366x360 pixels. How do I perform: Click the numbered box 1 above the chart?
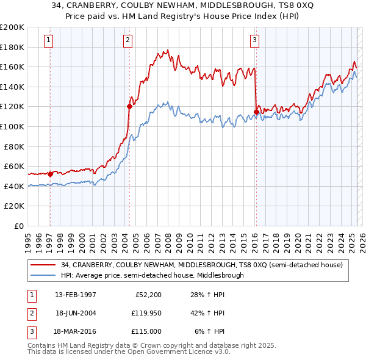(x=48, y=41)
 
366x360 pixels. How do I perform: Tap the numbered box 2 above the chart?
(x=128, y=41)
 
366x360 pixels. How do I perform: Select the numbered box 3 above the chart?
(x=254, y=41)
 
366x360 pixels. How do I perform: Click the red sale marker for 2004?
(x=129, y=106)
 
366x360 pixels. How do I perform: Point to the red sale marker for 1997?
(x=50, y=174)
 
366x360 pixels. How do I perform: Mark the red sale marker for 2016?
(x=256, y=112)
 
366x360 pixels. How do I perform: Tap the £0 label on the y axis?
(x=20, y=226)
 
